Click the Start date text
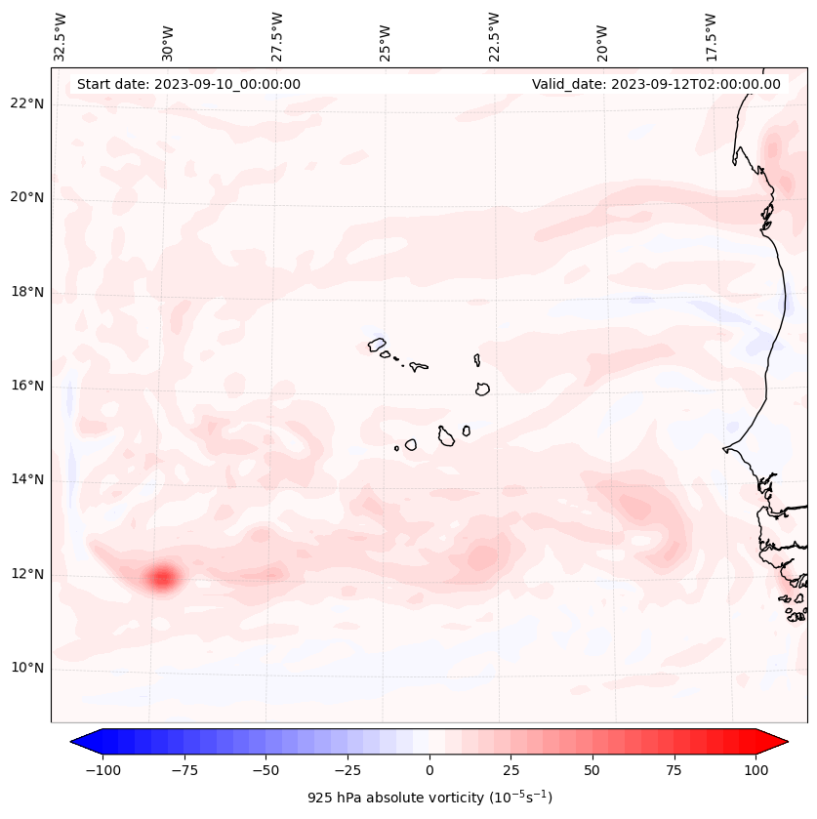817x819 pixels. click(x=188, y=84)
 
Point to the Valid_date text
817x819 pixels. click(x=656, y=84)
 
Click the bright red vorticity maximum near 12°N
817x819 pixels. click(x=162, y=578)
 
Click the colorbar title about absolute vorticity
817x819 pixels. click(x=429, y=798)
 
